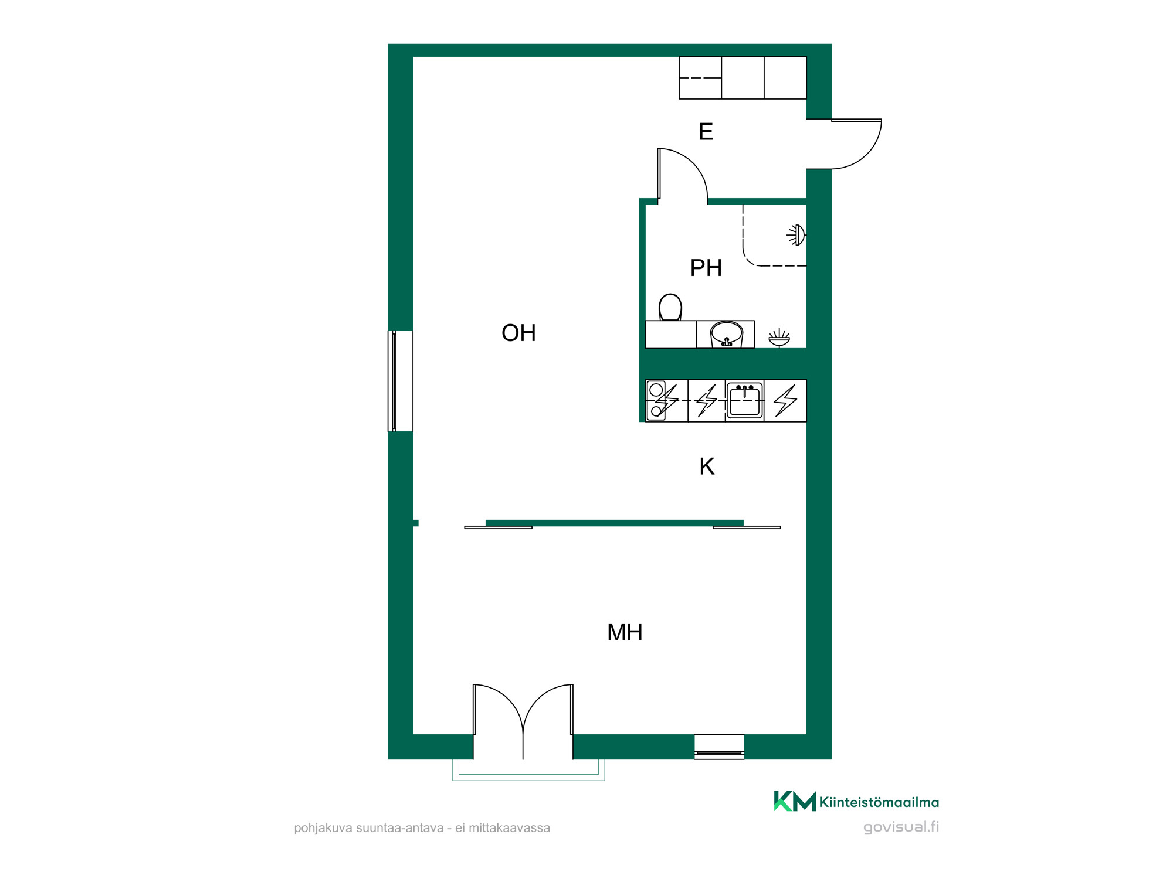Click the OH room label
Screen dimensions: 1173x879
pyautogui.click(x=518, y=333)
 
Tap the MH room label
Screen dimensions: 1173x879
pyautogui.click(x=625, y=632)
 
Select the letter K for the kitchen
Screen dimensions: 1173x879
pyautogui.click(x=707, y=466)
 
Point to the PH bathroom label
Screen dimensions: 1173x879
pyautogui.click(x=706, y=268)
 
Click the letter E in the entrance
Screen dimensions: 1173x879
pyautogui.click(x=706, y=131)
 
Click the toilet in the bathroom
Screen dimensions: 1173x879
pyautogui.click(x=670, y=307)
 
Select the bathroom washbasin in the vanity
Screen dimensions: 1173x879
pyautogui.click(x=727, y=335)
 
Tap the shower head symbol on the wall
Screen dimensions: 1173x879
pyautogui.click(x=796, y=235)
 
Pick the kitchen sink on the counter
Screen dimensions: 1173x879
pyautogui.click(x=745, y=400)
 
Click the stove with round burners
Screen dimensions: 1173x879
pyautogui.click(x=656, y=400)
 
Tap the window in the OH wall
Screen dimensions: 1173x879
pyautogui.click(x=401, y=381)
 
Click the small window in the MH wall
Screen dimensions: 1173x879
pyautogui.click(x=719, y=747)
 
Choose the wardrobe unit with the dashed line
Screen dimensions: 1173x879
pyautogui.click(x=700, y=78)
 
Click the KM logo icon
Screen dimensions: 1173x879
pyautogui.click(x=795, y=801)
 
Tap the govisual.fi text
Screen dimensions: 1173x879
pyautogui.click(x=901, y=827)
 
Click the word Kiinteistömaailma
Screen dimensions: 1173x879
pyautogui.click(x=879, y=802)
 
